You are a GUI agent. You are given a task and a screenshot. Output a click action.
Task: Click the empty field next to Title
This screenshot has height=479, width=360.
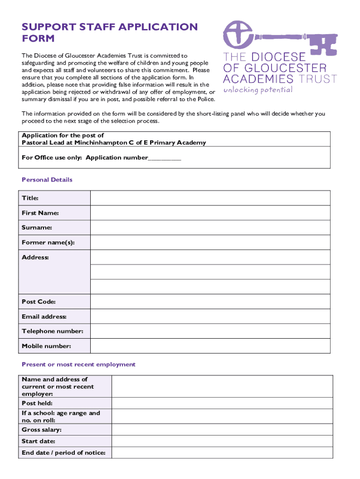210,198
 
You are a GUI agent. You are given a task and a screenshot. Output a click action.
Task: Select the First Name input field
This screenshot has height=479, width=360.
210,213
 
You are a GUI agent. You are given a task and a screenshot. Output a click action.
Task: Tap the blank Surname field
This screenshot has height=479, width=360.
210,228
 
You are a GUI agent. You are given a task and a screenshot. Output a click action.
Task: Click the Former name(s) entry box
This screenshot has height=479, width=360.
210,242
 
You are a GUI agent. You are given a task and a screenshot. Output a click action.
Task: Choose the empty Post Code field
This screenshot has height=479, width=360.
210,302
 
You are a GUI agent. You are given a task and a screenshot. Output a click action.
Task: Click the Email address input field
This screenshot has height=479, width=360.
210,317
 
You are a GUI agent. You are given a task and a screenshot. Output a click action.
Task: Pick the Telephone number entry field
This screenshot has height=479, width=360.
210,331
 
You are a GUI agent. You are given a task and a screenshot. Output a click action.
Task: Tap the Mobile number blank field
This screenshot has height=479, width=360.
210,346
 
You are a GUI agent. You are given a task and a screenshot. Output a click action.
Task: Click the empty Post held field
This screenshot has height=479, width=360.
223,403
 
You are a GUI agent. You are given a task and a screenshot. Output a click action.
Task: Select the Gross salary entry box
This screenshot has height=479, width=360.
223,430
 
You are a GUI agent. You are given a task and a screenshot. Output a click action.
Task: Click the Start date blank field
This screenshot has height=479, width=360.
223,441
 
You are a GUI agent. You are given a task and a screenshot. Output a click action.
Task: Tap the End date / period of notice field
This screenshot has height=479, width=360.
223,453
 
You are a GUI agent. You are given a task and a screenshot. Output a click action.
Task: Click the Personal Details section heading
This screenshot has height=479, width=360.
47,180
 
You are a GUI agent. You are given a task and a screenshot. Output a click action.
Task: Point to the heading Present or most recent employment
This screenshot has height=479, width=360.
79,364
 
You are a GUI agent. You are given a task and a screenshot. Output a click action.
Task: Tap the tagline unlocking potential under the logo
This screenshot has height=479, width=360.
258,90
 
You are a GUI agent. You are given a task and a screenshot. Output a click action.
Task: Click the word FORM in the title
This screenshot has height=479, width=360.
38,38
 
